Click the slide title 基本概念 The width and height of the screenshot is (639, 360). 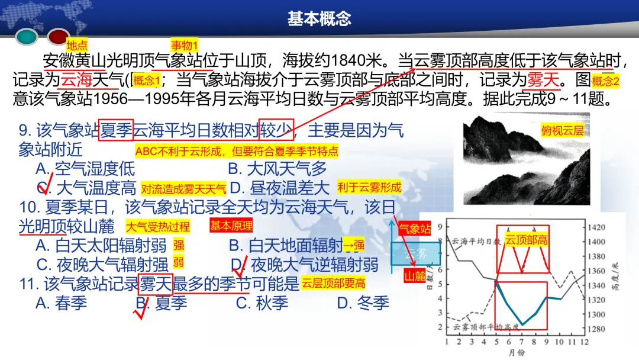[x=319, y=18]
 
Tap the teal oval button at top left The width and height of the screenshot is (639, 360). [x=27, y=37]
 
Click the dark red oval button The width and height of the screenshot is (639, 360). [x=59, y=37]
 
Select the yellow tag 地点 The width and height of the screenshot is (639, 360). [x=77, y=45]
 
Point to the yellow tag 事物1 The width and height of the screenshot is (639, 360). [x=184, y=45]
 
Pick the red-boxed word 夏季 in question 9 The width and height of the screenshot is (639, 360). [x=115, y=130]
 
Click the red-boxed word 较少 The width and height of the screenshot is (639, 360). [x=276, y=130]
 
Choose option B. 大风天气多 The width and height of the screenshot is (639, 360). [x=277, y=169]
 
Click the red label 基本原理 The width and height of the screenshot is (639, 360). [x=231, y=226]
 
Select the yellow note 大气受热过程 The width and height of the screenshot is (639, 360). [x=157, y=226]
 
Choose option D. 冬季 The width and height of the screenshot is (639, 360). [x=363, y=303]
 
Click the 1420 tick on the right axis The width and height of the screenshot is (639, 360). [x=598, y=227]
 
